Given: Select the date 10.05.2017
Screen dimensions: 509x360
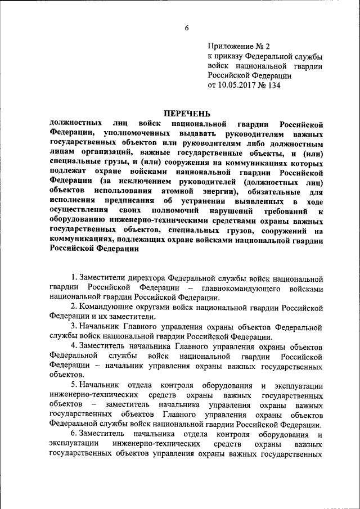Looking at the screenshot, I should [236, 86].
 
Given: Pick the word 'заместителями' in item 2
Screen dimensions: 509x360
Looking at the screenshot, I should [121, 317].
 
